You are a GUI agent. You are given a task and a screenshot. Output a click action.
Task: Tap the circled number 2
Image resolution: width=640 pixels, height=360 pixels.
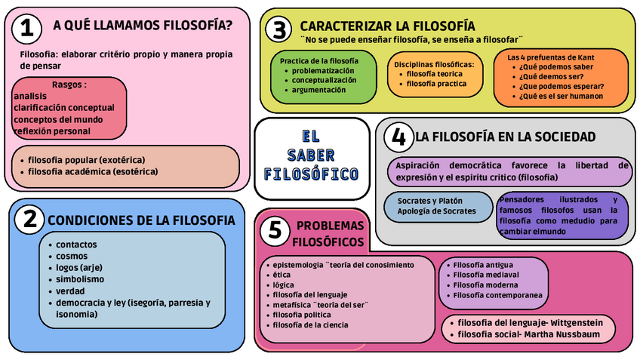click(29, 220)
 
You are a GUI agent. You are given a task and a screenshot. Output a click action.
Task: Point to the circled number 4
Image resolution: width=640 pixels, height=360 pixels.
click(398, 137)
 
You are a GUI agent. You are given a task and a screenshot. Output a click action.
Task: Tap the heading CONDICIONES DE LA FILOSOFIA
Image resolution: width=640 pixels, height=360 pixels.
click(141, 220)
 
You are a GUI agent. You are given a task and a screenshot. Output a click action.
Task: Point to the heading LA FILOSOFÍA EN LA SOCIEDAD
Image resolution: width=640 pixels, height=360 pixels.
click(505, 137)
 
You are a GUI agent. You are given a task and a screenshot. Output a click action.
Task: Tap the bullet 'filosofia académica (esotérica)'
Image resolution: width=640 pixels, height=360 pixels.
click(93, 171)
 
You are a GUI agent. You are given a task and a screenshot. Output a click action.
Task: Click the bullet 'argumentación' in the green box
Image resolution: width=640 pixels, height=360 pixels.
click(318, 90)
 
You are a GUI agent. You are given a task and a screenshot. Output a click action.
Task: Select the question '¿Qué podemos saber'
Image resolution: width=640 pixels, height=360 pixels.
click(555, 66)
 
